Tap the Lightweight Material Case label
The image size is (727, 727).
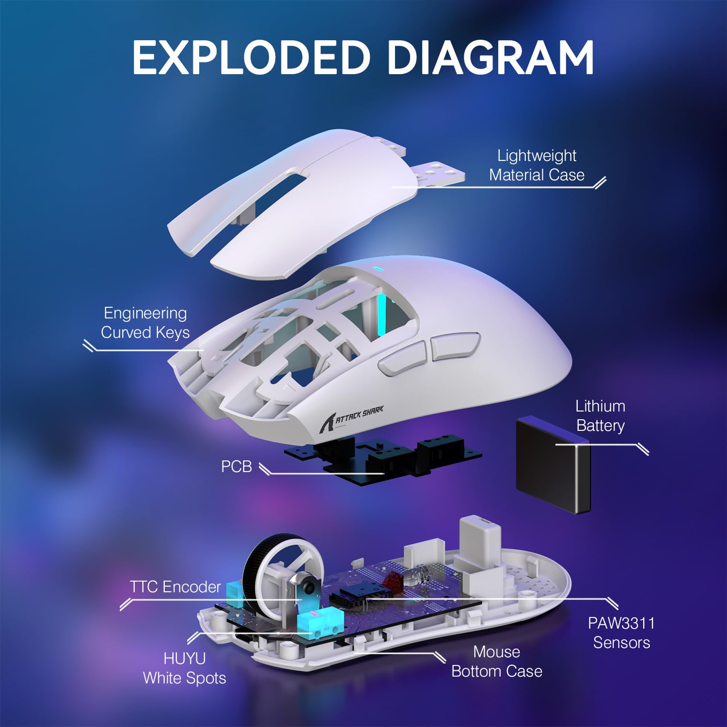pos(537,165)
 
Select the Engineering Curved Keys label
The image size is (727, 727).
pos(145,323)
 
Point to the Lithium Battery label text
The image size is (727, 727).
pos(600,416)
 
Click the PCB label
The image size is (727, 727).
pos(237,466)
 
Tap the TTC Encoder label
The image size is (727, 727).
pos(175,587)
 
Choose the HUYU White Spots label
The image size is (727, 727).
pos(184,668)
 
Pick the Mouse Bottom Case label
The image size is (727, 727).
pos(496,662)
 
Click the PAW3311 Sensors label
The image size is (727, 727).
pos(621,633)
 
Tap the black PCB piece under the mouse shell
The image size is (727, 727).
pos(383,458)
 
